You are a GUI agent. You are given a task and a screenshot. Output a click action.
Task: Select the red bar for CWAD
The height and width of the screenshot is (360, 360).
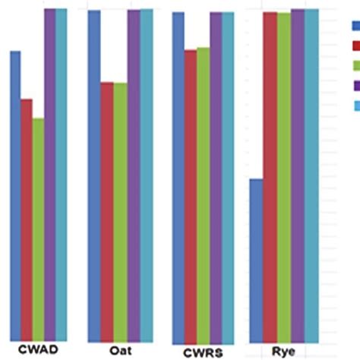pyautogui.click(x=27, y=220)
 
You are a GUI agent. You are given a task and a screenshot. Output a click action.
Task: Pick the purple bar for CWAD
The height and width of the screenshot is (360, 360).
pyautogui.click(x=49, y=175)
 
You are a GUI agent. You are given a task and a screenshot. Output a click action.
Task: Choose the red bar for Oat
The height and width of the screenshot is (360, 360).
pyautogui.click(x=107, y=212)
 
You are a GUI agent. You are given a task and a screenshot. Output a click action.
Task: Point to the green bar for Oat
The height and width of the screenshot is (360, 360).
pyautogui.click(x=120, y=213)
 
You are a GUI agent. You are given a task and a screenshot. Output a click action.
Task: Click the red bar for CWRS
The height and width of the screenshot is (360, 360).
pyautogui.click(x=191, y=197)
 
